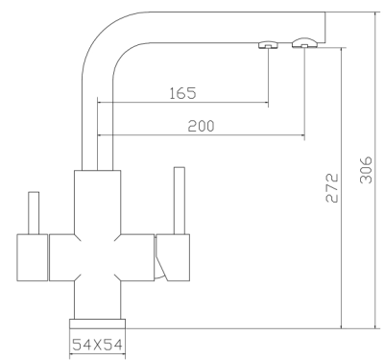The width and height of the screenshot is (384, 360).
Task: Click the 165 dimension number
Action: coord(182,93)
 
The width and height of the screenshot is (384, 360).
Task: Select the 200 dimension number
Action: coord(201,126)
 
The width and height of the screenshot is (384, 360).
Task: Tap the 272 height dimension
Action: coord(332,188)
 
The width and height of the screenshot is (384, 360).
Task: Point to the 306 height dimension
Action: coord(366,170)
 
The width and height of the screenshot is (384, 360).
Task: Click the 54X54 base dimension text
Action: coord(97,345)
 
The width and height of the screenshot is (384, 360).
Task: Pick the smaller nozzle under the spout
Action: coord(268,45)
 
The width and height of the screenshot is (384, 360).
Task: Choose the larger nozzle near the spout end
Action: coord(304,43)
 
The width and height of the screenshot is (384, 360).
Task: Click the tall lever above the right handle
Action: coord(180,201)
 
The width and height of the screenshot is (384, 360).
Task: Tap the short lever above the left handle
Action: coord(34,213)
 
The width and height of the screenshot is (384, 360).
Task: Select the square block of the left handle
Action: coord(32,257)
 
